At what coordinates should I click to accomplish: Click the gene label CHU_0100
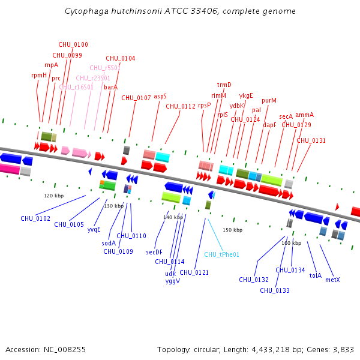click(x=73, y=44)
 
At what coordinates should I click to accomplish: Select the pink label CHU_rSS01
click(x=106, y=68)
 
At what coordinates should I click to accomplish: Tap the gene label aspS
click(x=160, y=96)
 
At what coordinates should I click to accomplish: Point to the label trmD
click(x=224, y=85)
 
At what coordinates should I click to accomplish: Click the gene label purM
click(x=269, y=100)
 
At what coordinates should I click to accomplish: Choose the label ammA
click(x=304, y=115)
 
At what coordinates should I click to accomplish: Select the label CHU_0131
click(x=311, y=140)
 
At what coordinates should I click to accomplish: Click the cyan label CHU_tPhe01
click(x=221, y=254)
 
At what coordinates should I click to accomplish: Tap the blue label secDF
click(x=154, y=252)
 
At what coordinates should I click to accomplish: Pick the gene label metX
click(x=332, y=280)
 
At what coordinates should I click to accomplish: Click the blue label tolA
click(x=315, y=276)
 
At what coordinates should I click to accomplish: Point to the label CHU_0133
click(x=275, y=290)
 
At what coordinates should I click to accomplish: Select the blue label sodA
click(x=108, y=243)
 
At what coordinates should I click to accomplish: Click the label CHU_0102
click(x=35, y=218)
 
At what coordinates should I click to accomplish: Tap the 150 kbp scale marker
click(x=233, y=230)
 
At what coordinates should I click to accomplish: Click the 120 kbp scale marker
click(x=54, y=196)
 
